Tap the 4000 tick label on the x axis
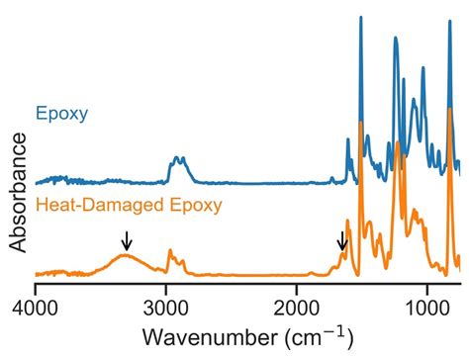point(36,306)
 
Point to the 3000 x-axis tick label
point(166,306)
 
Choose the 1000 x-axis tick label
point(427,306)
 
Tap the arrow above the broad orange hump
point(126,240)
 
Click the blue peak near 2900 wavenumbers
point(178,158)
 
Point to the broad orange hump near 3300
point(126,255)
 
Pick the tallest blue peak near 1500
point(360,18)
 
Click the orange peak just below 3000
point(169,251)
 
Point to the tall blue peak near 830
point(449,20)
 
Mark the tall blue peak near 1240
point(395,40)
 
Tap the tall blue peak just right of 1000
point(422,68)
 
